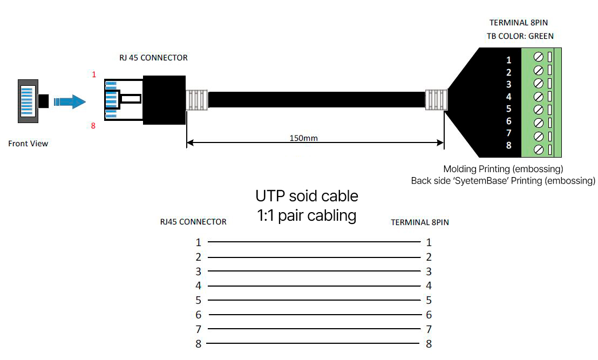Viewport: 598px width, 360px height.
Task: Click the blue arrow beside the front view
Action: point(70,102)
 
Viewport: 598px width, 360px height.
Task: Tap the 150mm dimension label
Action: point(303,138)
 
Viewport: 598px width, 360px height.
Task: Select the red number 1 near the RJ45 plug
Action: point(94,74)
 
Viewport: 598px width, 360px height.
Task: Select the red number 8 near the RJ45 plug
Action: point(93,126)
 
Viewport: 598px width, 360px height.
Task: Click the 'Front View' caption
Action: point(28,144)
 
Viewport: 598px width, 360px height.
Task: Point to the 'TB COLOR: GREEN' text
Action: point(520,36)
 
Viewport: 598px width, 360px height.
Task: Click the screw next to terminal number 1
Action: point(539,57)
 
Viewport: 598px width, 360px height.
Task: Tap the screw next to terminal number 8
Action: point(539,150)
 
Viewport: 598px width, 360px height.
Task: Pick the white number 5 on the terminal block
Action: point(508,109)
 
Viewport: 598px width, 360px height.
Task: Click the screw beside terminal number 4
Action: point(539,97)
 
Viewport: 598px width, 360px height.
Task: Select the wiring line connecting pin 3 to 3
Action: point(314,271)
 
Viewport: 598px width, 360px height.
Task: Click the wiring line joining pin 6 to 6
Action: point(315,315)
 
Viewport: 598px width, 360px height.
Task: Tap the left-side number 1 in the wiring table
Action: point(198,242)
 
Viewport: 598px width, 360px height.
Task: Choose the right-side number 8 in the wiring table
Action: point(429,344)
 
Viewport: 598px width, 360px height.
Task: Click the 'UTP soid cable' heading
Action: point(307,196)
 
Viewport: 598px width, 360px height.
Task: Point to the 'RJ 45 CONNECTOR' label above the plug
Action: point(153,58)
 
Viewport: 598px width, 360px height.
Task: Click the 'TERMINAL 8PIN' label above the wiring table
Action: point(420,222)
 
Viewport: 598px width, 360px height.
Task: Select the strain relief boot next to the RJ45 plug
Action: point(197,100)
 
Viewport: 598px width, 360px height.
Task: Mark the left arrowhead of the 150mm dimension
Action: point(191,143)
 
